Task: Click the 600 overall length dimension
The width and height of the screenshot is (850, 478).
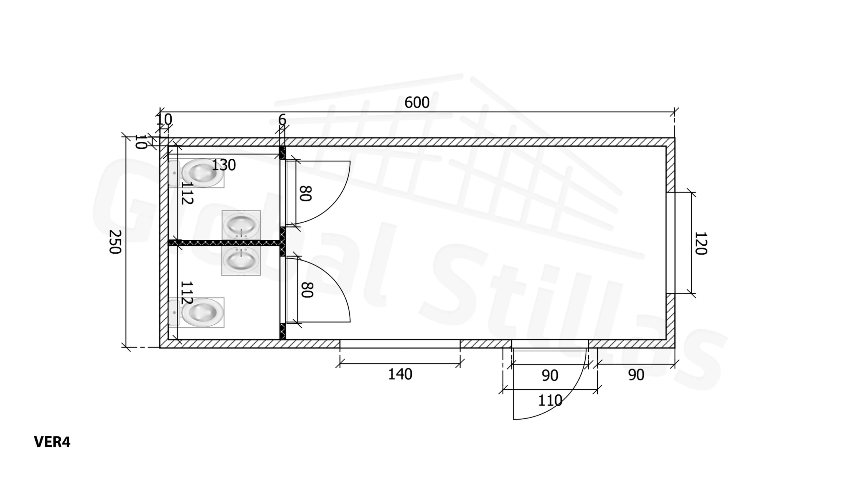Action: tap(417, 103)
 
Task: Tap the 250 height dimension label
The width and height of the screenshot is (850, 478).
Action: tap(115, 242)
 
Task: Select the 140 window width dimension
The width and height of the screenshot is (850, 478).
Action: tap(400, 374)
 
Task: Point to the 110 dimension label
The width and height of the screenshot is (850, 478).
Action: tap(550, 401)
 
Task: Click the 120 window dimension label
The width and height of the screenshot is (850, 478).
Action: tap(701, 243)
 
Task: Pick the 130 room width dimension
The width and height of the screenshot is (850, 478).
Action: tap(223, 165)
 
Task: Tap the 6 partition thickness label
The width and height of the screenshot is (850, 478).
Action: tap(282, 119)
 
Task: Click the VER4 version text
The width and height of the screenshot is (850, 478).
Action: tap(52, 442)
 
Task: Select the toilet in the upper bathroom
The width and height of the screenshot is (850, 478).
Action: tap(196, 173)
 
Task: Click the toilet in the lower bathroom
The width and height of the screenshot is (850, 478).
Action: tap(196, 312)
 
